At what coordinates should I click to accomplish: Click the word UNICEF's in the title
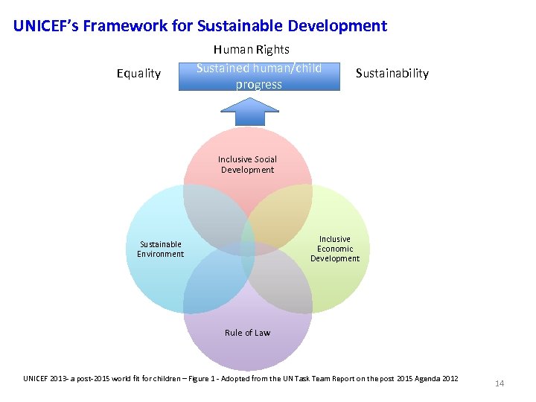pyautogui.click(x=45, y=26)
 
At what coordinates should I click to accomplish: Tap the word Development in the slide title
pyautogui.click(x=338, y=26)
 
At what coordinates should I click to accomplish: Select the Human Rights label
pyautogui.click(x=251, y=50)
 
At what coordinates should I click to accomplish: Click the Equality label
pyautogui.click(x=138, y=73)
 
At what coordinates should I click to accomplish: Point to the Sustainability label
pyautogui.click(x=392, y=73)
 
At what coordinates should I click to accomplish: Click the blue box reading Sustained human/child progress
pyautogui.click(x=259, y=76)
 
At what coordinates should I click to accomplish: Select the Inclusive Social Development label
pyautogui.click(x=247, y=165)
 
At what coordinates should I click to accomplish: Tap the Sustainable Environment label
pyautogui.click(x=160, y=249)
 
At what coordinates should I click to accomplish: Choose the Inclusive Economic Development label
pyautogui.click(x=334, y=249)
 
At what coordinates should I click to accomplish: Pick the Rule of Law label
pyautogui.click(x=247, y=333)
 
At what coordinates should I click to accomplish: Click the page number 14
pyautogui.click(x=500, y=383)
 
